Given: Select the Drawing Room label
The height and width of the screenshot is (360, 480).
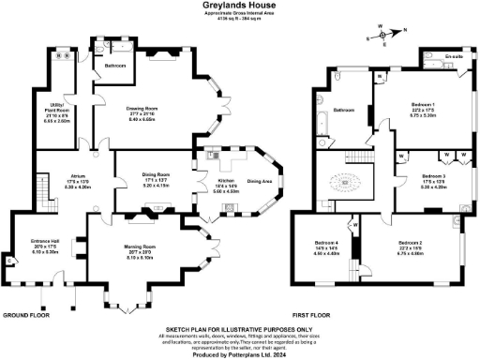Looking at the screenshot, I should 141,108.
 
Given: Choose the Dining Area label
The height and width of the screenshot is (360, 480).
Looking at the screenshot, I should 260,181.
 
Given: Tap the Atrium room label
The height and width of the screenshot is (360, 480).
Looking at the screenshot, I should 79,175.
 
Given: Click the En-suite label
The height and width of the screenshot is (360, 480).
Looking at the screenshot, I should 430,56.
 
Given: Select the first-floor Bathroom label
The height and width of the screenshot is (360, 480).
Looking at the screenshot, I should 341,110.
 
